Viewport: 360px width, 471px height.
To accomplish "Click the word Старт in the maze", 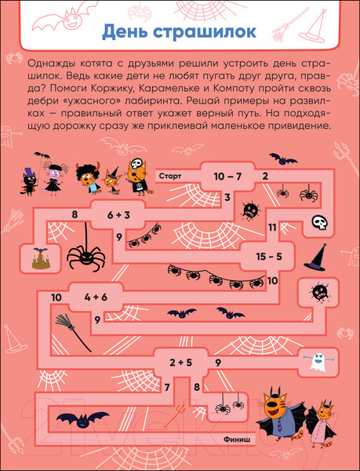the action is [x=170, y=176].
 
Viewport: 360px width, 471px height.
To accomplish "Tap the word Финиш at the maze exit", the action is [x=237, y=439].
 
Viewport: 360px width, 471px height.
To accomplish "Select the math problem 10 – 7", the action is [x=227, y=177].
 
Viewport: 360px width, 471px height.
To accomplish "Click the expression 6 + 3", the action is [x=118, y=215].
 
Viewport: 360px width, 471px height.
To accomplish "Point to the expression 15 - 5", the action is [x=269, y=257].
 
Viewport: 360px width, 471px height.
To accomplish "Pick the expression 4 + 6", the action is [x=96, y=297].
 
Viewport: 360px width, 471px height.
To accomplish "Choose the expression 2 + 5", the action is [x=180, y=362].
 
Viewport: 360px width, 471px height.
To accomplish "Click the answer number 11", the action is [x=272, y=228].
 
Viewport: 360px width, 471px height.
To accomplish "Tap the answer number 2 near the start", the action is [x=265, y=176].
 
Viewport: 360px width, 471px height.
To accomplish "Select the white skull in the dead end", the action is [x=319, y=223].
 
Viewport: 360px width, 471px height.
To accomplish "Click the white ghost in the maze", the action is [x=318, y=361].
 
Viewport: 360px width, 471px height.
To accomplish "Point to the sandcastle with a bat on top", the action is [x=41, y=258].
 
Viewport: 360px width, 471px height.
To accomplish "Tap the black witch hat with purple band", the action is [x=315, y=257].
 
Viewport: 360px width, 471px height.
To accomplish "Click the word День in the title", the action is [x=125, y=32].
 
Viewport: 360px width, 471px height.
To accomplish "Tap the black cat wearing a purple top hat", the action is [x=29, y=182].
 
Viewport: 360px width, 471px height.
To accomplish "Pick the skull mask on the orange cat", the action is [x=136, y=164].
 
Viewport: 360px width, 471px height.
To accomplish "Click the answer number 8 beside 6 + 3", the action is [x=75, y=215].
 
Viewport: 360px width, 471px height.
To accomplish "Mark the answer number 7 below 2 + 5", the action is [x=167, y=388].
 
